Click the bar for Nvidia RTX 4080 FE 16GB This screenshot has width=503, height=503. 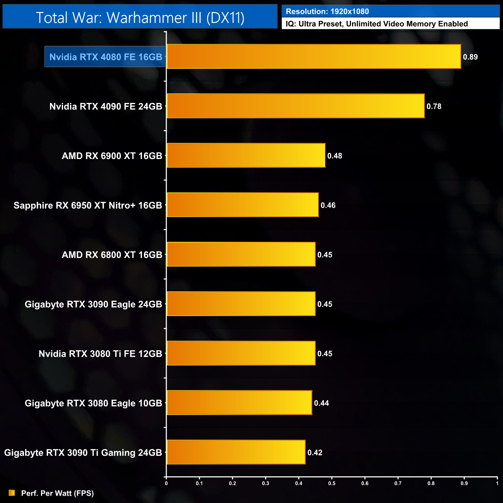[313, 56]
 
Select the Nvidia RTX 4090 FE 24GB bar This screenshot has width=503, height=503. [295, 106]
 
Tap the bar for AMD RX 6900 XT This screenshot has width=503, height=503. [246, 156]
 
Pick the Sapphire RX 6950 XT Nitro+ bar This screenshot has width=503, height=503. [243, 205]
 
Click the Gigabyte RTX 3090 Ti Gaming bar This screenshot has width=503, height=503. [236, 452]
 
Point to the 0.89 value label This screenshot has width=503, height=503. [470, 57]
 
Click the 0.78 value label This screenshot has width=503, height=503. [434, 106]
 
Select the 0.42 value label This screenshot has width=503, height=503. [315, 453]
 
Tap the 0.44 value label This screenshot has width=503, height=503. [321, 403]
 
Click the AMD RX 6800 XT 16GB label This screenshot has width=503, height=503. [112, 255]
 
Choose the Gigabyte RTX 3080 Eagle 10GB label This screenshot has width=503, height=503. [93, 403]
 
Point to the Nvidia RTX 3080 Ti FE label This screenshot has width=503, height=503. [100, 354]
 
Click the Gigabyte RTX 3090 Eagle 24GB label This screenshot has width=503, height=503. [93, 305]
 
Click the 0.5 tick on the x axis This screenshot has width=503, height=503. [332, 483]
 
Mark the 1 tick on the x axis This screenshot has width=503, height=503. [497, 483]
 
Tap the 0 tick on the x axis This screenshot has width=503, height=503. [166, 483]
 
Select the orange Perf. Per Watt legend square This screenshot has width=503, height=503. [12, 493]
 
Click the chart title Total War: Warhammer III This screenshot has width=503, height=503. [140, 17]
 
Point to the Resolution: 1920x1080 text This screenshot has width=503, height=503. [327, 12]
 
